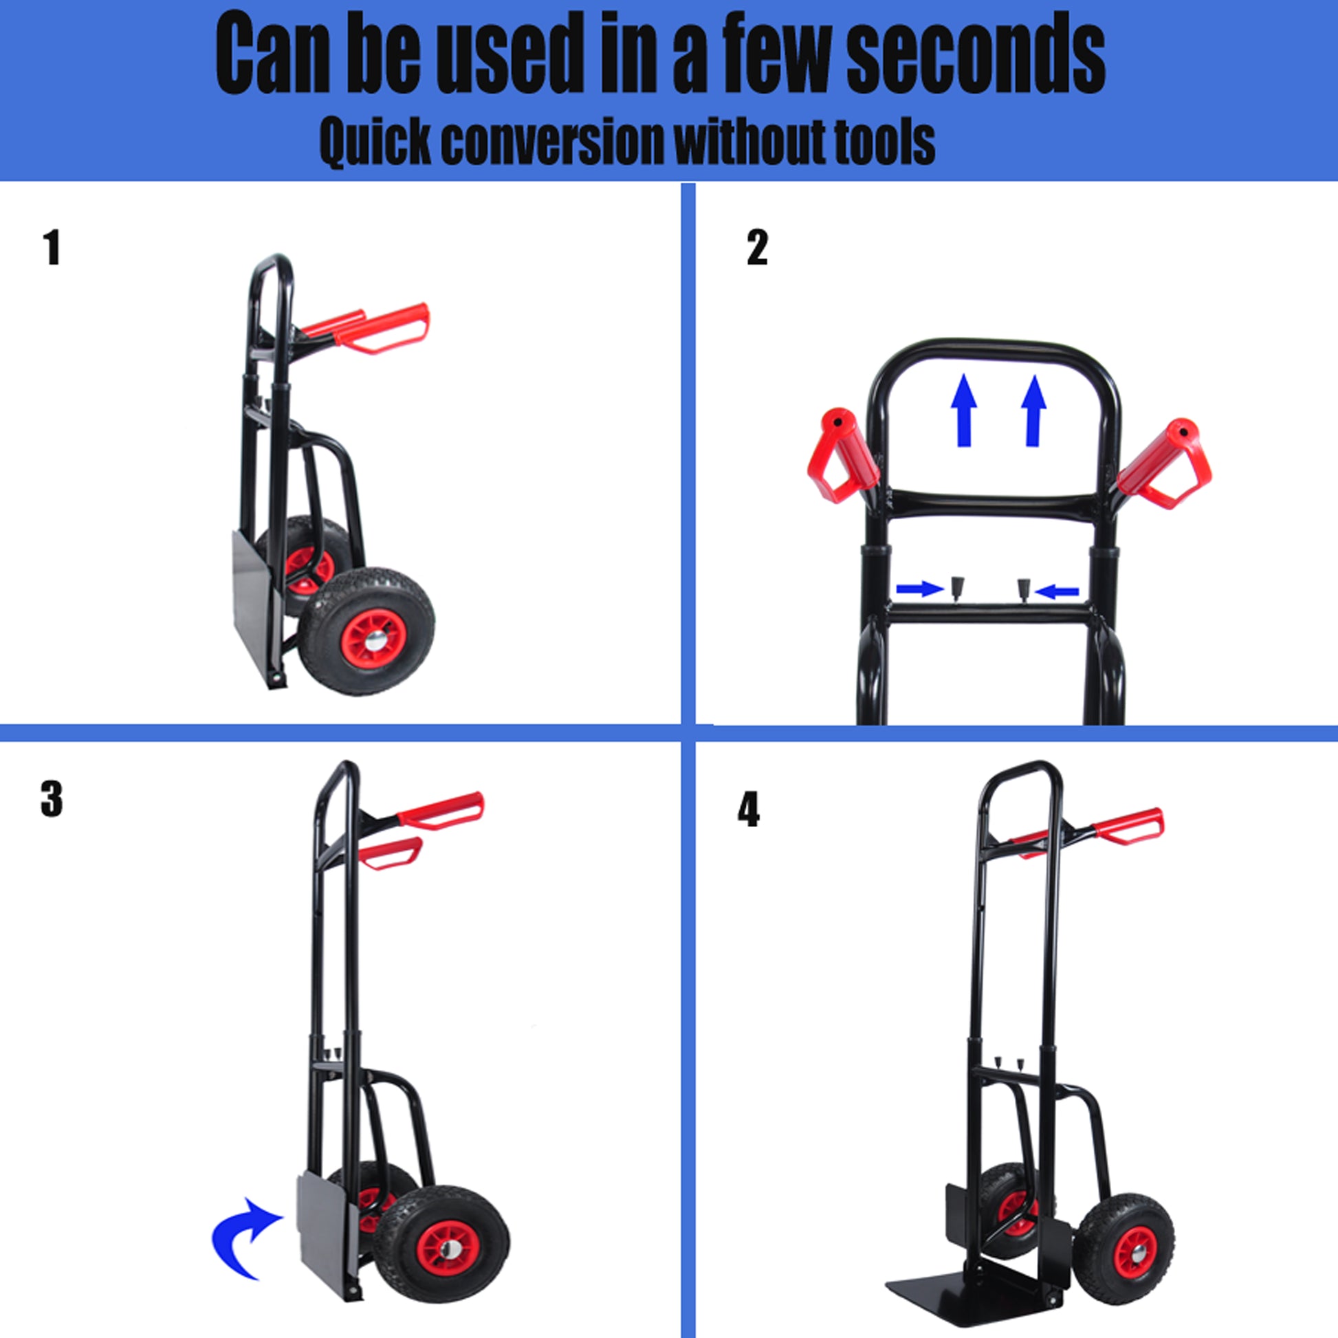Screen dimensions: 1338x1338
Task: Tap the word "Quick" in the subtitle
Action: click(x=375, y=142)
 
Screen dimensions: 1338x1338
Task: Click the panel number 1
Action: click(x=53, y=248)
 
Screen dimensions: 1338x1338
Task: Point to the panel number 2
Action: click(x=758, y=248)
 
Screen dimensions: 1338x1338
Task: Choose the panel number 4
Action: click(x=749, y=809)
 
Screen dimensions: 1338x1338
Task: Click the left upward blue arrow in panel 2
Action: click(x=964, y=410)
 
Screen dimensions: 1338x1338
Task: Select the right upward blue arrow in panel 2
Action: click(x=1033, y=410)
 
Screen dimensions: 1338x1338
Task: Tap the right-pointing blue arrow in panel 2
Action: click(x=921, y=589)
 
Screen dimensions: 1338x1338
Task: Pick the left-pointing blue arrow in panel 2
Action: click(x=1055, y=591)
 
